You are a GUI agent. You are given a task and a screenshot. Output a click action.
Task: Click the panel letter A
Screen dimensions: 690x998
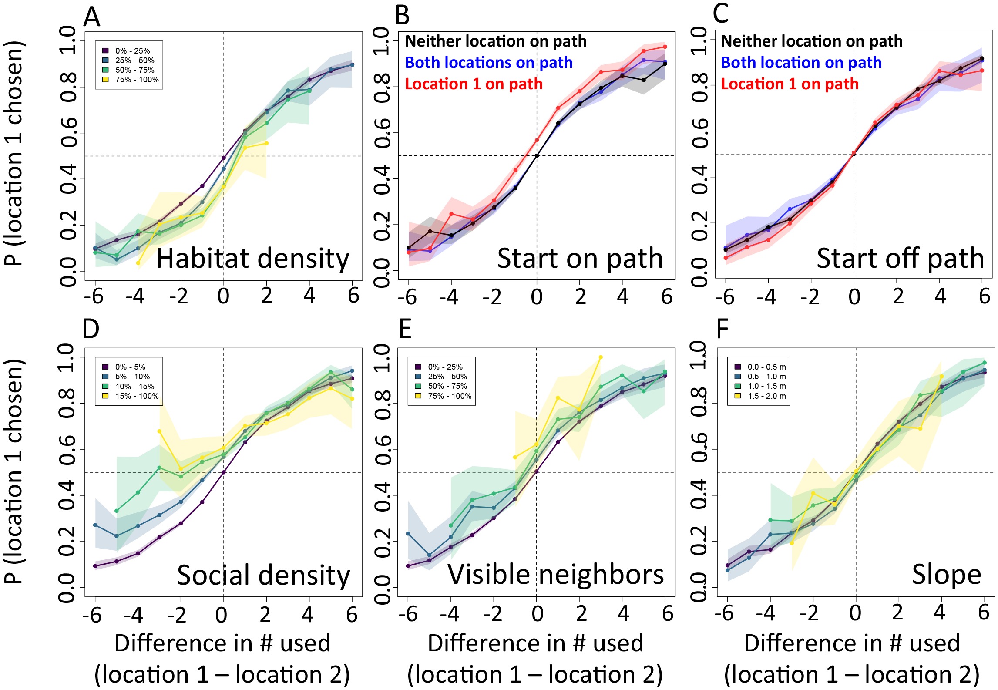[92, 17]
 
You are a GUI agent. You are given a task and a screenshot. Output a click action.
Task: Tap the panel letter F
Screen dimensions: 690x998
[722, 329]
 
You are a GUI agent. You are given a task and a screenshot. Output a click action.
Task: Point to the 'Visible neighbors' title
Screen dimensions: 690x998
[556, 574]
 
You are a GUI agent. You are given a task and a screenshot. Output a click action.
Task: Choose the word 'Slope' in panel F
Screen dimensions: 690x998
[946, 575]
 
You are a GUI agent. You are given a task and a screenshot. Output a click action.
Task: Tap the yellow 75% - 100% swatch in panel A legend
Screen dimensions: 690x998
[105, 80]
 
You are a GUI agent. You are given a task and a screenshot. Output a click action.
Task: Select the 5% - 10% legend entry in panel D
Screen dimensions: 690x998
[132, 377]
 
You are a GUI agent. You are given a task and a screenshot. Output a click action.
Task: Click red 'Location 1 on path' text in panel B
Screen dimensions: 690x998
[474, 84]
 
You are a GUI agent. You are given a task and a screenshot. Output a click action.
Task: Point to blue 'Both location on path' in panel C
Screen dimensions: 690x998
[801, 63]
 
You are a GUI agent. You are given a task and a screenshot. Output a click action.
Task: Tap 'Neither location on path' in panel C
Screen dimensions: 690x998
[811, 41]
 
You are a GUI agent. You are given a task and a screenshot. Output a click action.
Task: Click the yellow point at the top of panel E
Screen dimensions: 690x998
[601, 357]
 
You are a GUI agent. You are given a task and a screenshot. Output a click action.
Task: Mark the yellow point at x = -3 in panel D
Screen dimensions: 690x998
[159, 431]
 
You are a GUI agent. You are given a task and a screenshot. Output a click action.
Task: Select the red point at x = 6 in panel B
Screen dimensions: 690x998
[665, 47]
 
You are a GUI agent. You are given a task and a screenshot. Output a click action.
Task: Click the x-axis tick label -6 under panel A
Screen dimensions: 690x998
[94, 296]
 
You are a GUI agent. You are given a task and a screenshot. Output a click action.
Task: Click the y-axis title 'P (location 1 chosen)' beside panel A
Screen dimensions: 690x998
[14, 152]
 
